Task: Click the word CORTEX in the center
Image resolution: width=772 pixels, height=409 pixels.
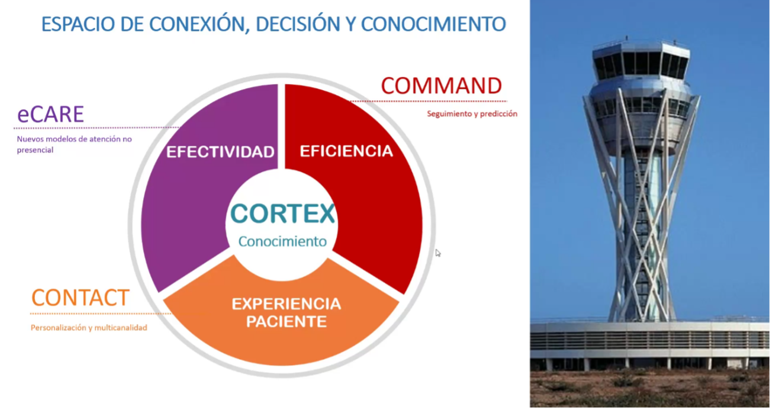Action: tap(282, 213)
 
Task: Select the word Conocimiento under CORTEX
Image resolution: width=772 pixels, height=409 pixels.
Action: tap(282, 242)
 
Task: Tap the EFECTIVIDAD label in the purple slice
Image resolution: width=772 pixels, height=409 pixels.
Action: tap(220, 152)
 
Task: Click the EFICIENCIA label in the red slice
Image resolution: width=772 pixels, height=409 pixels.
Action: tap(346, 151)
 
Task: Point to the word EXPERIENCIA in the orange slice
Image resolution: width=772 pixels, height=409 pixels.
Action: tap(286, 304)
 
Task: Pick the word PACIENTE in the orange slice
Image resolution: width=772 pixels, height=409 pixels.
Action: tap(286, 322)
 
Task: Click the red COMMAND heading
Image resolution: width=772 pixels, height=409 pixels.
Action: tap(441, 85)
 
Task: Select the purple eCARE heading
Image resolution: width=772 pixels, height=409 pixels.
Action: tap(51, 114)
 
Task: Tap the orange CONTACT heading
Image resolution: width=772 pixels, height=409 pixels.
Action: tap(81, 298)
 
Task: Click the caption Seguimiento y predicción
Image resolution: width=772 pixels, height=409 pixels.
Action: tap(472, 114)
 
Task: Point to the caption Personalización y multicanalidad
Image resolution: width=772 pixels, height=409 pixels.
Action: tap(89, 328)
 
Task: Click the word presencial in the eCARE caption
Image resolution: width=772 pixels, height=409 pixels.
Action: tap(35, 150)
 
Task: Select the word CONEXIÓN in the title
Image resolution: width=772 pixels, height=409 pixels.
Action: tap(199, 24)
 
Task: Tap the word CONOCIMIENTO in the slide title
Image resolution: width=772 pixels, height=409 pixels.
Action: tap(433, 24)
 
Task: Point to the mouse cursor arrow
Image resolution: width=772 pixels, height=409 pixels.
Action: tap(438, 253)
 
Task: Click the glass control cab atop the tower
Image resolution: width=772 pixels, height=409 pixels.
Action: tap(641, 60)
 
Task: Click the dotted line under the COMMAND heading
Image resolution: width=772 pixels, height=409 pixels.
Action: tap(429, 101)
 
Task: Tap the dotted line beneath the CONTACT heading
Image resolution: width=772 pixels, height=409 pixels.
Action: tap(101, 314)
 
